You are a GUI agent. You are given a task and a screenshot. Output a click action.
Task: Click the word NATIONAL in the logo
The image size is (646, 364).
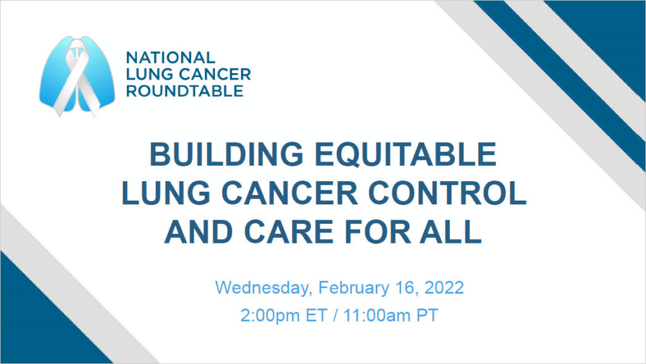pyautogui.click(x=170, y=57)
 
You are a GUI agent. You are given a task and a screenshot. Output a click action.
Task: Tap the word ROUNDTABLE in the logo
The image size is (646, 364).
pyautogui.click(x=185, y=91)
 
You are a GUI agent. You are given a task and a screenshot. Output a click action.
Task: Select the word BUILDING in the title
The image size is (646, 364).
pyautogui.click(x=226, y=154)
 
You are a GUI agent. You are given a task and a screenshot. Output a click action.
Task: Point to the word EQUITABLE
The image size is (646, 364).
pyautogui.click(x=406, y=154)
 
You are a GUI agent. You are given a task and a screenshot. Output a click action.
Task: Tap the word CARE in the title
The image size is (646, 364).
pyautogui.click(x=291, y=232)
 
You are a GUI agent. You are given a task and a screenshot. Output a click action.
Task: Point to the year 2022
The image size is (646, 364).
pyautogui.click(x=444, y=288)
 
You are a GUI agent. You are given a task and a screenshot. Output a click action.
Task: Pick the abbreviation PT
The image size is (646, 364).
pyautogui.click(x=427, y=315)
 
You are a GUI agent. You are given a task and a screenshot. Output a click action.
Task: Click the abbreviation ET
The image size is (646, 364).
pyautogui.click(x=316, y=315)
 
